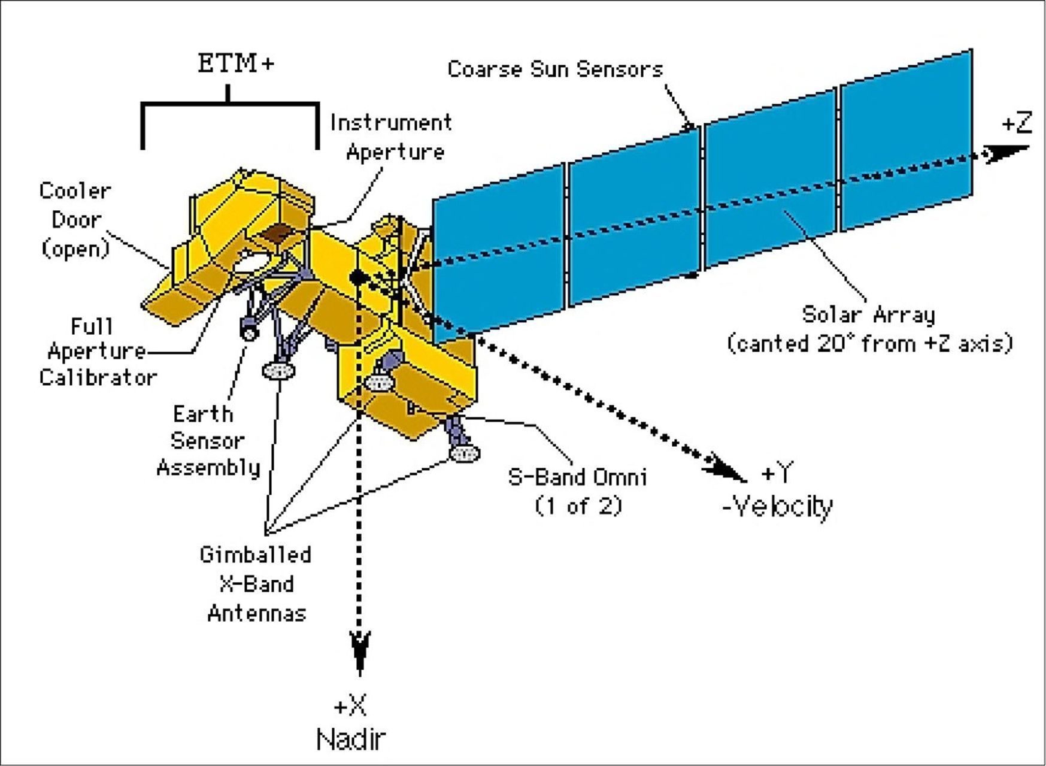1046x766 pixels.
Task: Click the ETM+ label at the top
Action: tap(236, 62)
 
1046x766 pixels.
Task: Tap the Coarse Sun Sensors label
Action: tap(555, 69)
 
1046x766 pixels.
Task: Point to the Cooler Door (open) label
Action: tap(75, 219)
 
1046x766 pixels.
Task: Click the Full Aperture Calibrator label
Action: tap(96, 352)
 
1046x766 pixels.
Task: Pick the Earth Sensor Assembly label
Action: tap(208, 441)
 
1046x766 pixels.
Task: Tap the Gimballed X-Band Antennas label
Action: tap(256, 583)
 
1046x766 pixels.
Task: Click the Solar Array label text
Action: tap(869, 329)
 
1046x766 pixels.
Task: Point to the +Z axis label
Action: tap(1017, 123)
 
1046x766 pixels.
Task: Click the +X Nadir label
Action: tap(351, 723)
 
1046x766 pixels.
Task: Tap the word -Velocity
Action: tap(778, 507)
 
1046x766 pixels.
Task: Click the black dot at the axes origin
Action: tap(357, 277)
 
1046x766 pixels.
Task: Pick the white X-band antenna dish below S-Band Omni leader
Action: tap(464, 453)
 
